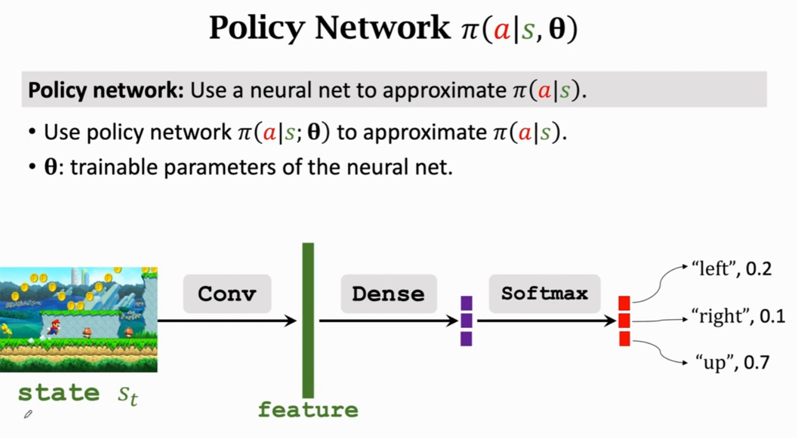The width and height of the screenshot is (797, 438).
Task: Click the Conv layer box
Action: pos(227,293)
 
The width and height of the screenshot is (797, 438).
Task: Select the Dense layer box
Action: pos(388,293)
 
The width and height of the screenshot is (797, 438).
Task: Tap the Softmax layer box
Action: pos(545,293)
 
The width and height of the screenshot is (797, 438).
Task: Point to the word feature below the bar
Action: pos(308,410)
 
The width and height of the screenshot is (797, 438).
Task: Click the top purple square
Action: pos(466,303)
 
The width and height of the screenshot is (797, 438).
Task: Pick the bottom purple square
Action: pos(466,338)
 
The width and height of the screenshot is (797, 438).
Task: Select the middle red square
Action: pos(624,321)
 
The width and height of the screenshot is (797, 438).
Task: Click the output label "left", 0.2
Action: pos(731,269)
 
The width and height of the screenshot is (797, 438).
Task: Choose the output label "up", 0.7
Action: pos(732,362)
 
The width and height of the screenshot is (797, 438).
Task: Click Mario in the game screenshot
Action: pos(53,327)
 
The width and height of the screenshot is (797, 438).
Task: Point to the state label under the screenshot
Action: pos(59,393)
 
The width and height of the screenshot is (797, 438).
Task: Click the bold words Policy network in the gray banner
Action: pos(106,91)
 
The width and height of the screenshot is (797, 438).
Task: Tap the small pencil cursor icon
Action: pos(28,415)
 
